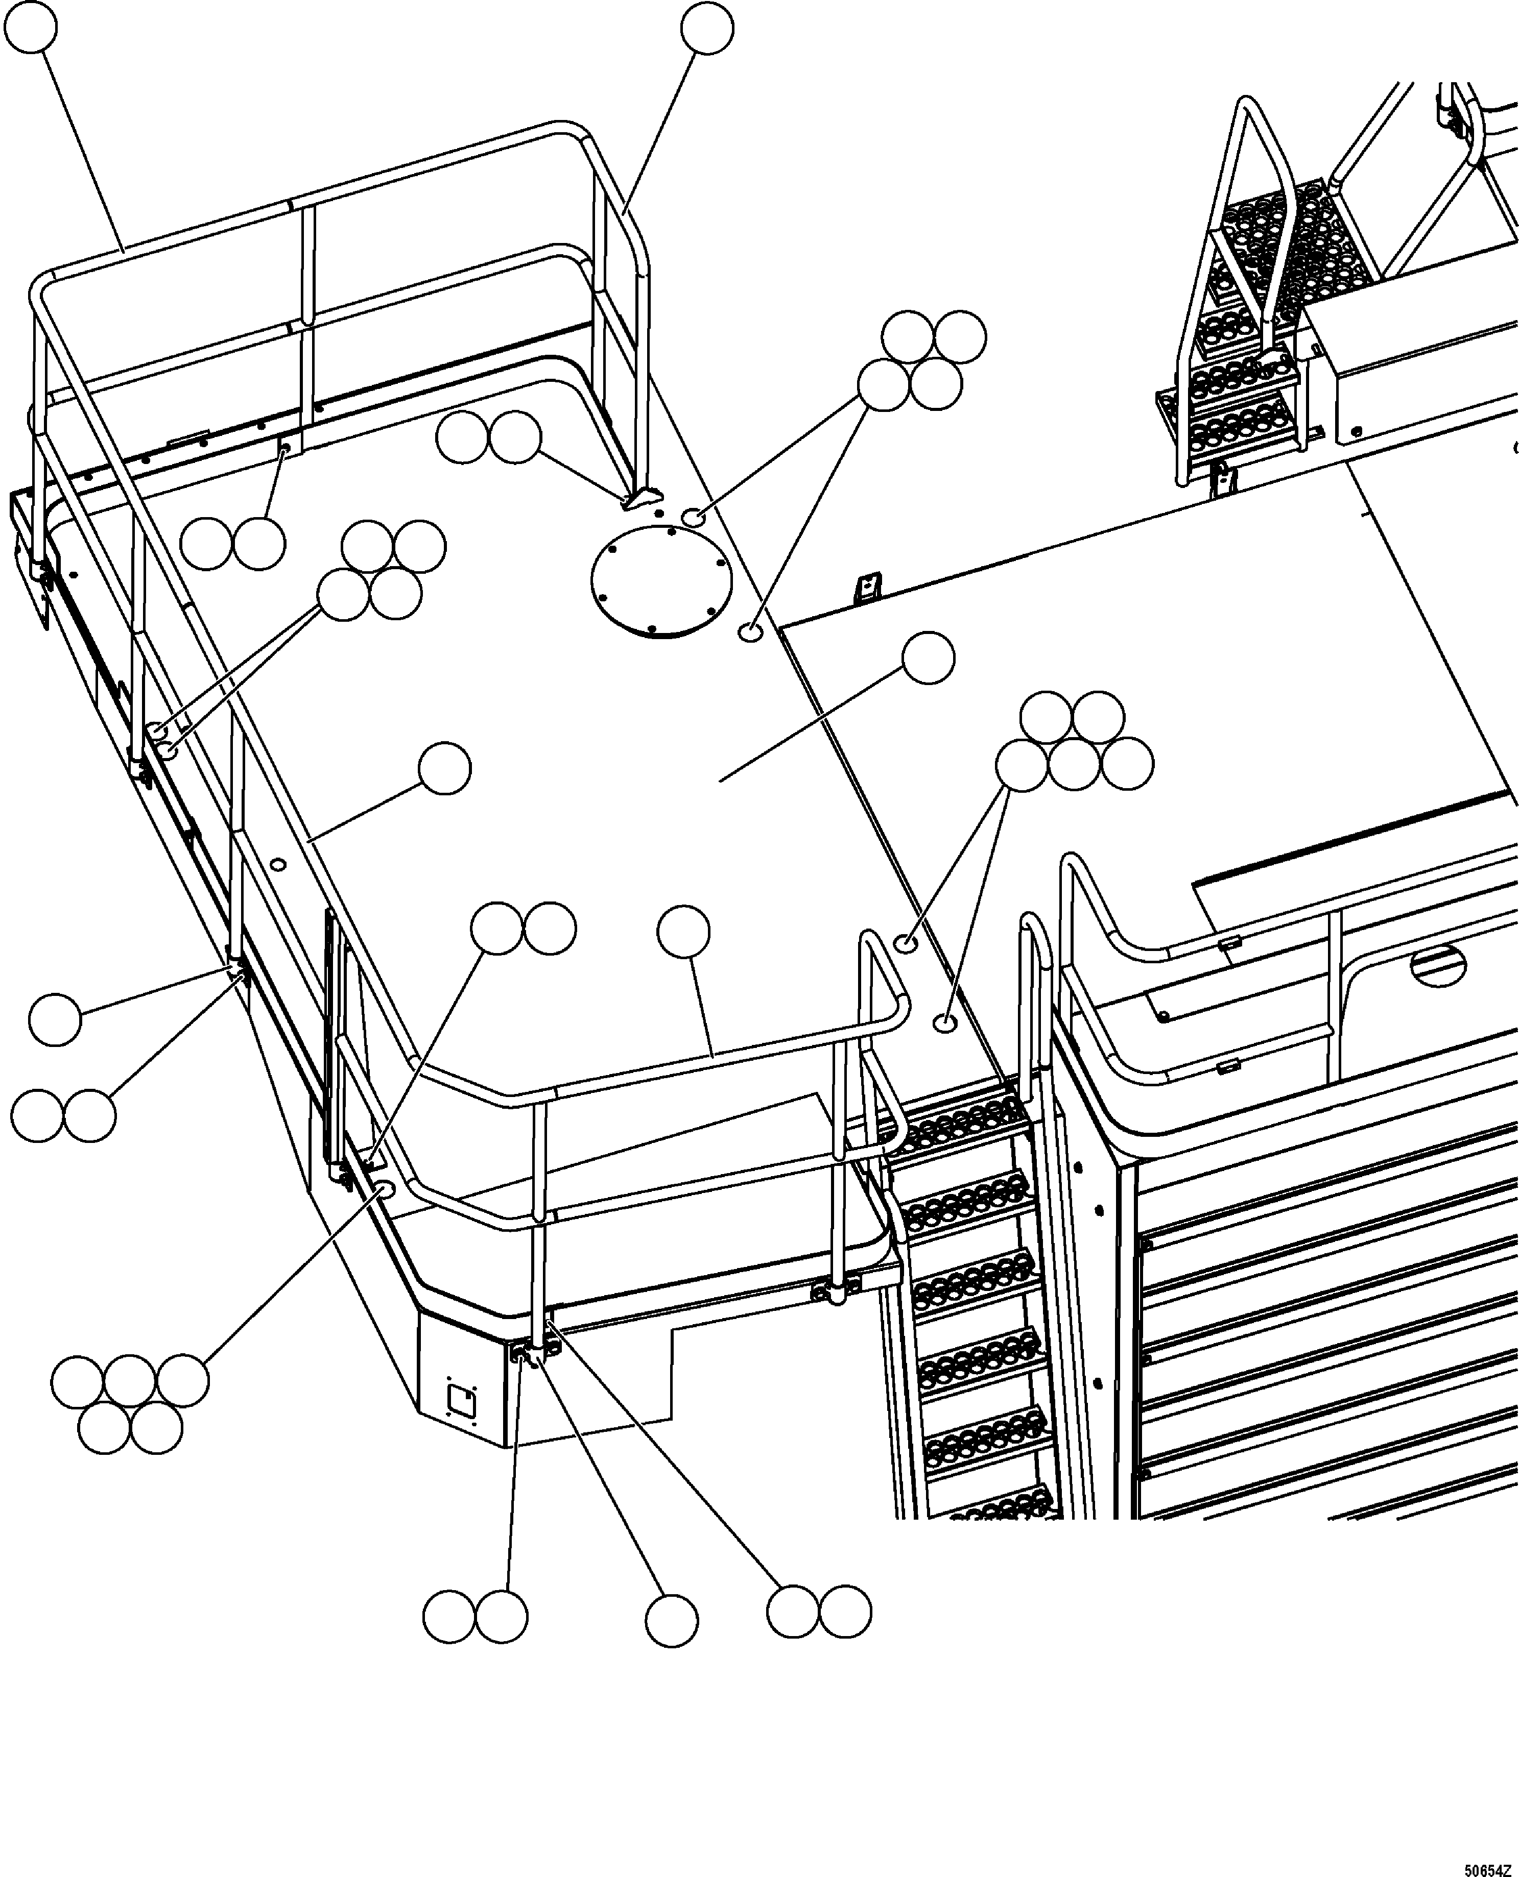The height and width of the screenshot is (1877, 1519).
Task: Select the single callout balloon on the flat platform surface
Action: pos(928,660)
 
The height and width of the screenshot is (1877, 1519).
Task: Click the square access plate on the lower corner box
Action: pos(461,1401)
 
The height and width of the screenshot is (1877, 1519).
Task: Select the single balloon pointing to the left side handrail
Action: pos(444,770)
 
